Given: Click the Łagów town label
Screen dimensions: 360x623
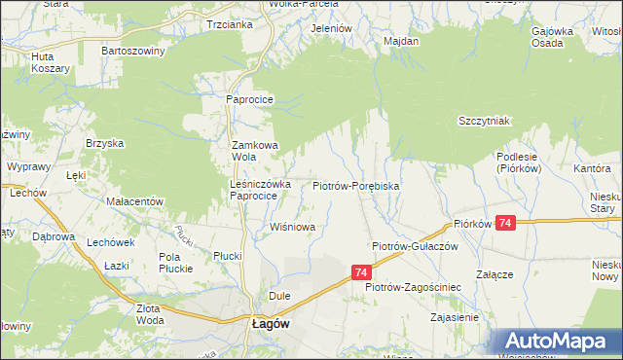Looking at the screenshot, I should click(270, 326).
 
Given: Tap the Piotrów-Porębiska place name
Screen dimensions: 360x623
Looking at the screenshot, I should click(356, 185).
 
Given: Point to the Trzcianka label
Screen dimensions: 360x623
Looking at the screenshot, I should click(230, 24).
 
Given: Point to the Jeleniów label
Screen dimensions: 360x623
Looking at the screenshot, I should click(330, 29).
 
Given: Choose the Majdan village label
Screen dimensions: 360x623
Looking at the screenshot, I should click(401, 42).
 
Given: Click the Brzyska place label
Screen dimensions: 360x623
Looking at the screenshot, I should click(104, 143).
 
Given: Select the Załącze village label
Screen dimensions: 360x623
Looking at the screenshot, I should click(495, 274).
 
